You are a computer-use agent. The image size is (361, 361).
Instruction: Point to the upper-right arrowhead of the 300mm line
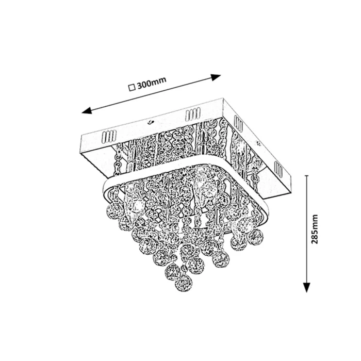[217, 77]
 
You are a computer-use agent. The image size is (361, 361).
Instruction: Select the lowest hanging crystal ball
[183, 283]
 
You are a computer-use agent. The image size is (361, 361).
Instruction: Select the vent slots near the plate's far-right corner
[238, 122]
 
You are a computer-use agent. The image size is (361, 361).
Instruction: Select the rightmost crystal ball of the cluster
[254, 237]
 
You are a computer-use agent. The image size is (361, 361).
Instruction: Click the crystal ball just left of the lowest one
[171, 270]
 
